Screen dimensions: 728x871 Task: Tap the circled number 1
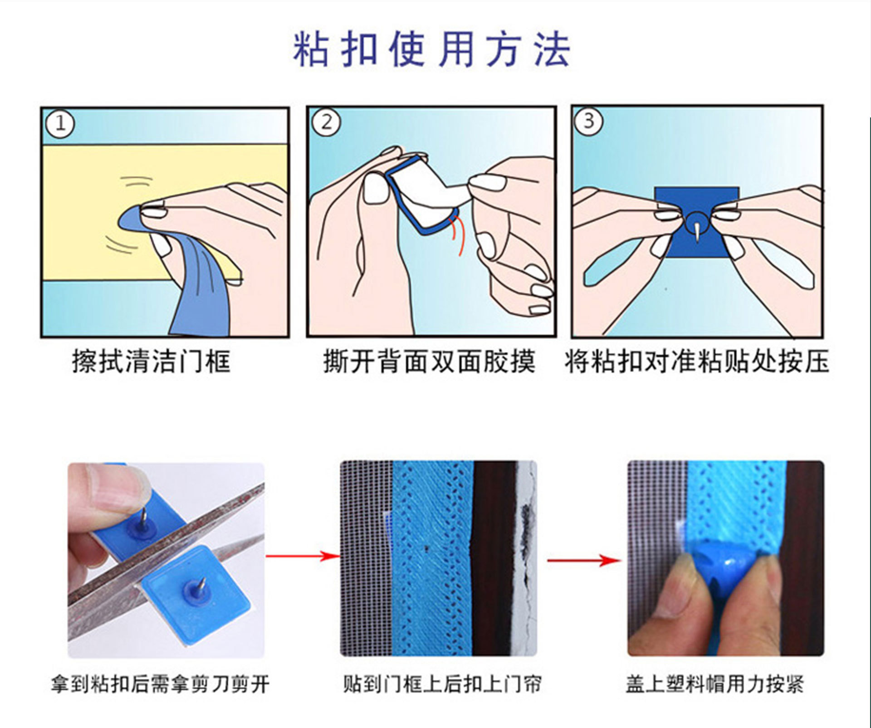[60, 123]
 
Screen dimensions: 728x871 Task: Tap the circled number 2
[326, 122]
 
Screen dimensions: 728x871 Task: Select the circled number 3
[588, 121]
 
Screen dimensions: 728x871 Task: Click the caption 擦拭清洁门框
[151, 362]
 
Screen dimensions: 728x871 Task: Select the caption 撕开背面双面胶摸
[429, 362]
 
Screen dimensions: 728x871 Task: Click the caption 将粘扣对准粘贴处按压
[697, 362]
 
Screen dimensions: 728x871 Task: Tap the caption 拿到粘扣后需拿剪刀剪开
[160, 684]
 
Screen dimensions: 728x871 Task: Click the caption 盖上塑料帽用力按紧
[714, 684]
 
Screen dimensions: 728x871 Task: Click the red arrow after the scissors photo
[302, 556]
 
